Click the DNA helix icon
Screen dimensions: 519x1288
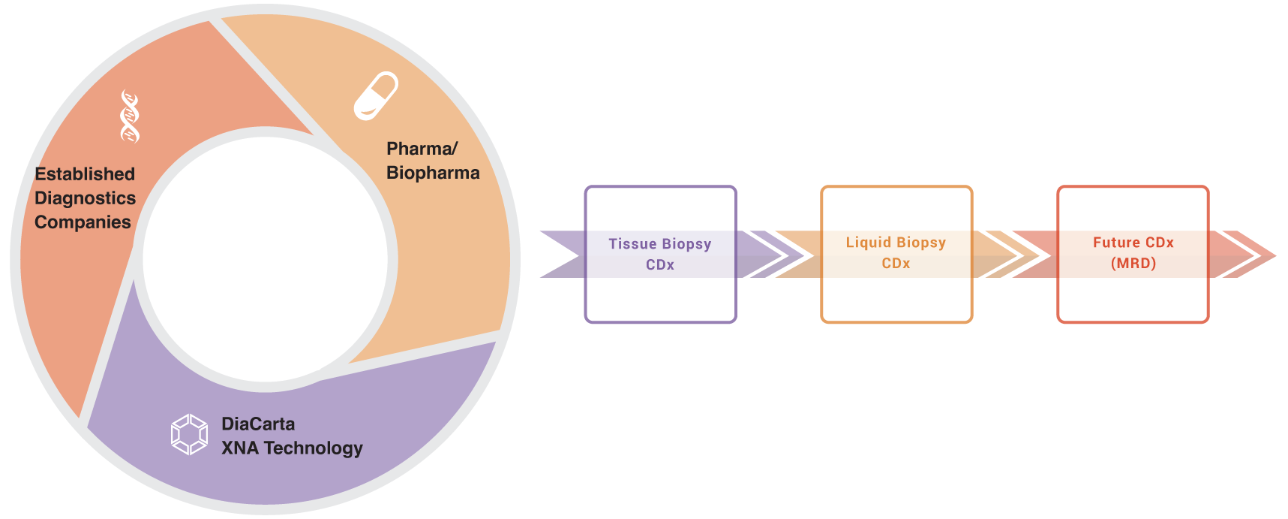pyautogui.click(x=130, y=116)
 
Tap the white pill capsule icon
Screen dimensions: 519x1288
pyautogui.click(x=375, y=95)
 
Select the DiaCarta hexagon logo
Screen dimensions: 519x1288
pyautogui.click(x=189, y=434)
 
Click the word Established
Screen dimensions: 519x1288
pyautogui.click(x=85, y=174)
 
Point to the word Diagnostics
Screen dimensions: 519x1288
pyautogui.click(x=85, y=198)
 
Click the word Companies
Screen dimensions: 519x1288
pyautogui.click(x=83, y=222)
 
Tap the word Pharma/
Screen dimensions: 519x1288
pyautogui.click(x=422, y=149)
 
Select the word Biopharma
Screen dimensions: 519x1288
pyautogui.click(x=433, y=173)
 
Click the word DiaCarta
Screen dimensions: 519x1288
pyautogui.click(x=258, y=424)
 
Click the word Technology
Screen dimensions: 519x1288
pyautogui.click(x=314, y=448)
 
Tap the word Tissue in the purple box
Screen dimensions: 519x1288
pyautogui.click(x=632, y=244)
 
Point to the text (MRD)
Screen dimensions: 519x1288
pyautogui.click(x=1133, y=264)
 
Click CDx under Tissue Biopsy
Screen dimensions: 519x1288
pyautogui.click(x=660, y=265)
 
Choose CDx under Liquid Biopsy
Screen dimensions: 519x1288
pyautogui.click(x=896, y=264)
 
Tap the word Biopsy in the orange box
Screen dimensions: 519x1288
pyautogui.click(x=921, y=243)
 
